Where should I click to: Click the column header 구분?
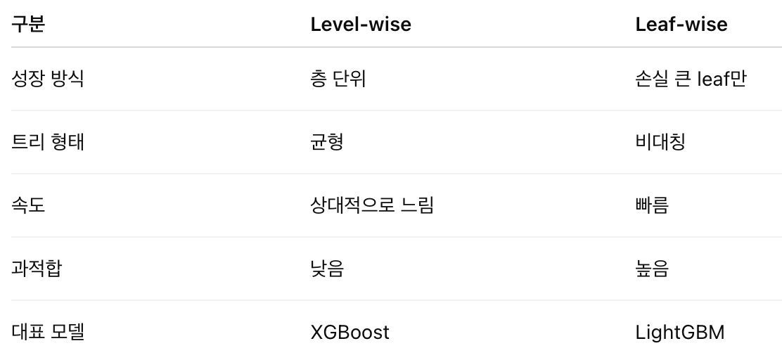coord(28,24)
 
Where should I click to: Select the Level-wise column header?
coord(361,24)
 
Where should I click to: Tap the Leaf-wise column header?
coord(681,24)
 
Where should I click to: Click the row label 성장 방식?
coord(47,79)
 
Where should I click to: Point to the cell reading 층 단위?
coord(338,79)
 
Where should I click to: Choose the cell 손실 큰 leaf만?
coord(691,79)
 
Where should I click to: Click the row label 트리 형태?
coord(47,141)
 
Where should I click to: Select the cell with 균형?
coord(327,141)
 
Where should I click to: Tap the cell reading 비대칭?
coord(660,141)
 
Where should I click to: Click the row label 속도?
coord(28,205)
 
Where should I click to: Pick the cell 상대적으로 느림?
coord(372,205)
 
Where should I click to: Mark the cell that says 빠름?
coord(652,205)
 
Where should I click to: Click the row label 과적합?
coord(37,269)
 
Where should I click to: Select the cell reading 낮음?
coord(327,269)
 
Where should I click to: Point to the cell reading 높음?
coord(652,269)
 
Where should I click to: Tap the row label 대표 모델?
coord(47,332)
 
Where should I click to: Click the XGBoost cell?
coord(350,332)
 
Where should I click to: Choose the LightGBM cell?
coord(680,332)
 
